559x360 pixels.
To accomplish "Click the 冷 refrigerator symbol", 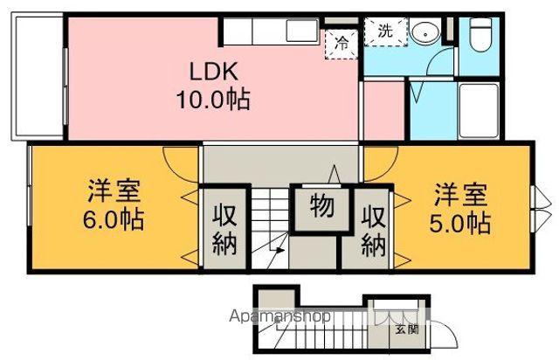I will tap(342, 40).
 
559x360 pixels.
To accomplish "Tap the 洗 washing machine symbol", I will tap(385, 30).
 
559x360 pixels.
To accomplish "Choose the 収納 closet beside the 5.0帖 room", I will tap(373, 229).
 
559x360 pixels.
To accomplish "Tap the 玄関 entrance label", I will tap(406, 329).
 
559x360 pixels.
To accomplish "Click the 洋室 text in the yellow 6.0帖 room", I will tap(114, 190).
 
